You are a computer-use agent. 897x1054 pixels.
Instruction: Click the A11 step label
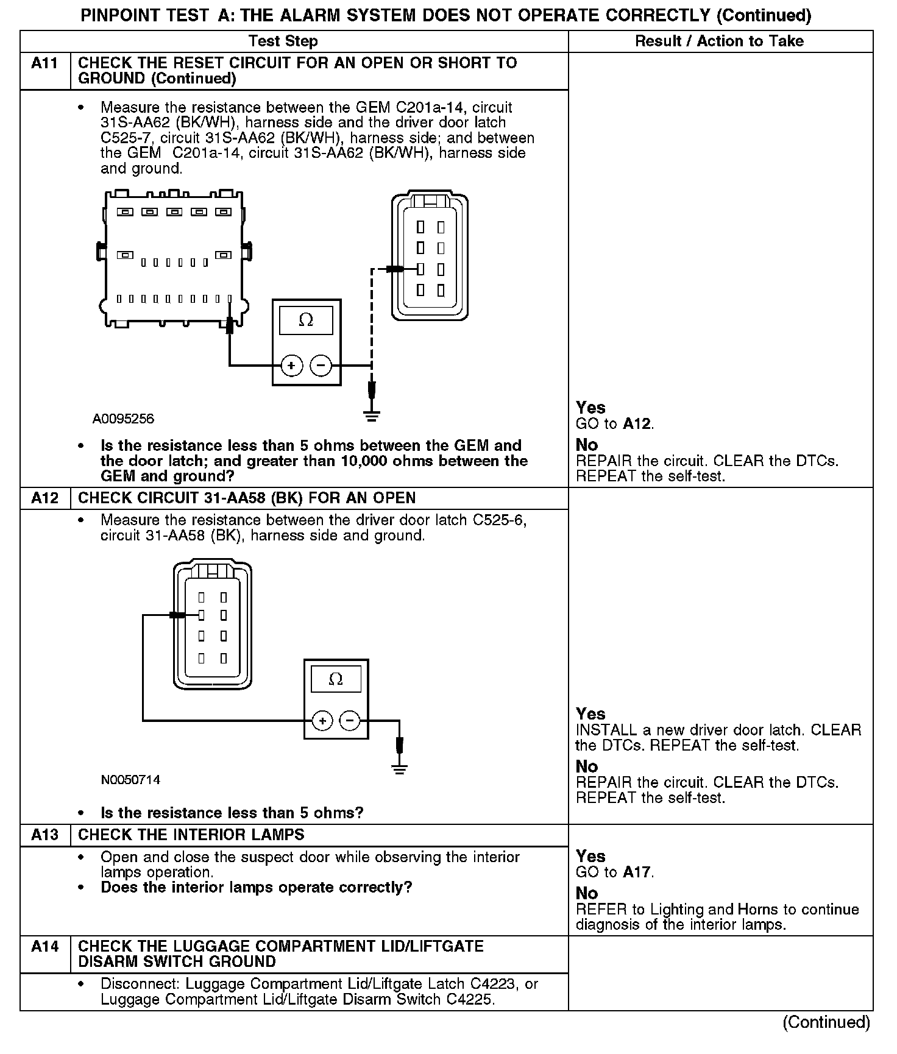[x=44, y=63]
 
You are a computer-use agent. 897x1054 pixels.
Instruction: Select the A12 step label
[x=44, y=498]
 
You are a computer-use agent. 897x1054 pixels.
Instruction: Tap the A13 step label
[x=44, y=835]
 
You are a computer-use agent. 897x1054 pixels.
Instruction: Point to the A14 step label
[x=44, y=946]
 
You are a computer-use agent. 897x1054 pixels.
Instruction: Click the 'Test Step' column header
[x=283, y=41]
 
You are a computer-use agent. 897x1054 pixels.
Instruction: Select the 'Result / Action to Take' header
[x=719, y=41]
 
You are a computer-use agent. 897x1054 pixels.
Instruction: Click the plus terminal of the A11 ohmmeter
[x=291, y=366]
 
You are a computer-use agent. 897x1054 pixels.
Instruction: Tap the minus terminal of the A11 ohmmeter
[x=321, y=366]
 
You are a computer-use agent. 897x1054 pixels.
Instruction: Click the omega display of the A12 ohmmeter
[x=336, y=679]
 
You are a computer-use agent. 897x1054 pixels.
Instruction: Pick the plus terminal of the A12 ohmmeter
[x=322, y=721]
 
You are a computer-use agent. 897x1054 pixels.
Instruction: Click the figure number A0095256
[x=123, y=419]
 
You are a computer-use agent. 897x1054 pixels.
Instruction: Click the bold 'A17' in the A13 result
[x=637, y=872]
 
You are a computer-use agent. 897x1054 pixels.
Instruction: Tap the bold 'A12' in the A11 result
[x=637, y=424]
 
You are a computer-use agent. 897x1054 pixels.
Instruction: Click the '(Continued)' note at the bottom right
[x=826, y=1022]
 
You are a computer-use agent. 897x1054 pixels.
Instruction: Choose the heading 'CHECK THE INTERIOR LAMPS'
[x=191, y=835]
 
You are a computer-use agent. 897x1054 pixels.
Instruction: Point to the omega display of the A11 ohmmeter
[x=306, y=320]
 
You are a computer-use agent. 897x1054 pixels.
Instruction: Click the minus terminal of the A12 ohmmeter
[x=350, y=721]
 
